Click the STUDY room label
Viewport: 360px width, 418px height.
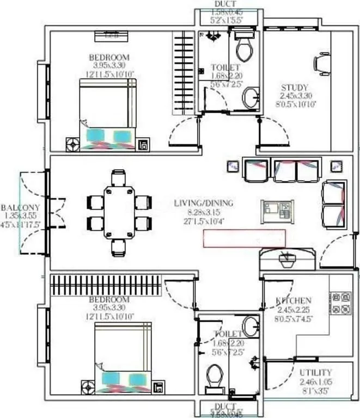coord(295,87)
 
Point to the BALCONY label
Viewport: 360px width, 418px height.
coord(20,207)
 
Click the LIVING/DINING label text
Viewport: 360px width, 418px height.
coord(203,203)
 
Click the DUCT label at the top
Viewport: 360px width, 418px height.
coord(225,4)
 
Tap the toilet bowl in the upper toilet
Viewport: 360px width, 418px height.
coord(243,47)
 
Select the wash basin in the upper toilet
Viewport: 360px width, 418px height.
coord(251,98)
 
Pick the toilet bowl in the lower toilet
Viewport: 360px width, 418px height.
coord(215,377)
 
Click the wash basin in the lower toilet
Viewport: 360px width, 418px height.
coord(251,327)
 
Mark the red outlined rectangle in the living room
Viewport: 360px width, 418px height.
coord(245,238)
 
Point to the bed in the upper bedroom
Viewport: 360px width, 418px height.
coord(108,111)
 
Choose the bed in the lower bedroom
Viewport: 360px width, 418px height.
coord(123,355)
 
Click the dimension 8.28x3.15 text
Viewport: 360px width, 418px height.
coord(203,212)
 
